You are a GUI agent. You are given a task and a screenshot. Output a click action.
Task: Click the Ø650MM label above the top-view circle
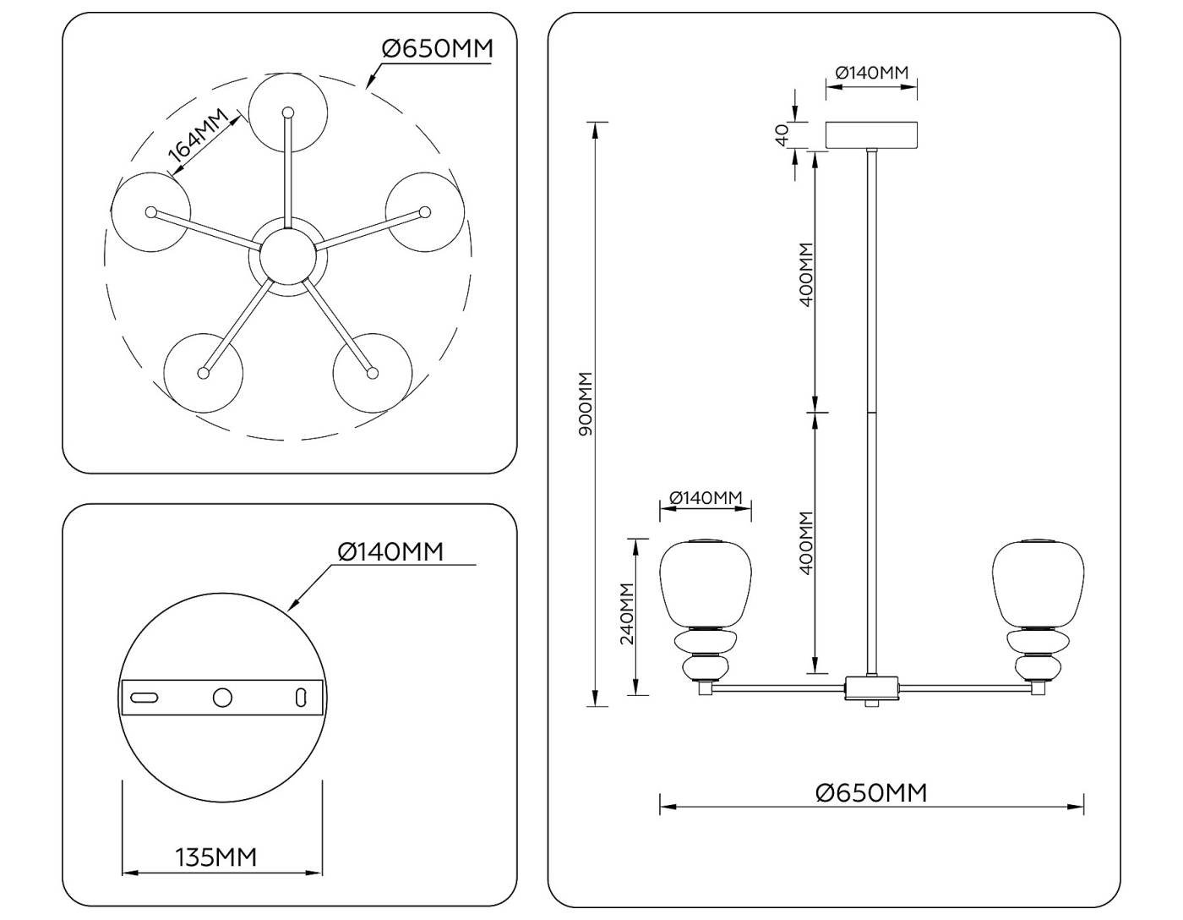(437, 48)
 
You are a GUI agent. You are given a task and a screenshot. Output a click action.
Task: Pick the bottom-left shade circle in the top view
(203, 372)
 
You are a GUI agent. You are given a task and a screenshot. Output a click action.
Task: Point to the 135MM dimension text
(215, 857)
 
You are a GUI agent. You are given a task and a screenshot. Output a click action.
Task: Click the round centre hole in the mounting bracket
(222, 697)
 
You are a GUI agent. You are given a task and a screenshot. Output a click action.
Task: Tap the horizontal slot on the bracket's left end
(144, 697)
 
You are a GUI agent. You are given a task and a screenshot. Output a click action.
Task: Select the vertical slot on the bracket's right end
(300, 697)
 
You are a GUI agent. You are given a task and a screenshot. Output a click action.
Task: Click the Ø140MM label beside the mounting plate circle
(390, 551)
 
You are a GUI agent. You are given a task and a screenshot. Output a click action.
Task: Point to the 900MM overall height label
(586, 404)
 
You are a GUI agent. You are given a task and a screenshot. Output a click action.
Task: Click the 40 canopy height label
(782, 134)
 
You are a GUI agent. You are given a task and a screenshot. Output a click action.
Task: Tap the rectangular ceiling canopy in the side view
(871, 135)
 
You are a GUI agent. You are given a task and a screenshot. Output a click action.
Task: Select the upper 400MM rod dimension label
(805, 275)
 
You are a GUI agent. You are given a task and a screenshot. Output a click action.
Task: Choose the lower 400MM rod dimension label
(805, 543)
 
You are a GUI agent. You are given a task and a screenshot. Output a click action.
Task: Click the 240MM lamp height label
(627, 613)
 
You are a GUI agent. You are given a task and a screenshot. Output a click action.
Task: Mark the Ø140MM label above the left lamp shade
(706, 498)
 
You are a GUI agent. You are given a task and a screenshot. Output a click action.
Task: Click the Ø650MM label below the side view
(871, 792)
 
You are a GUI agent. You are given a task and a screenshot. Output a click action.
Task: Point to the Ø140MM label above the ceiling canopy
(872, 73)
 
